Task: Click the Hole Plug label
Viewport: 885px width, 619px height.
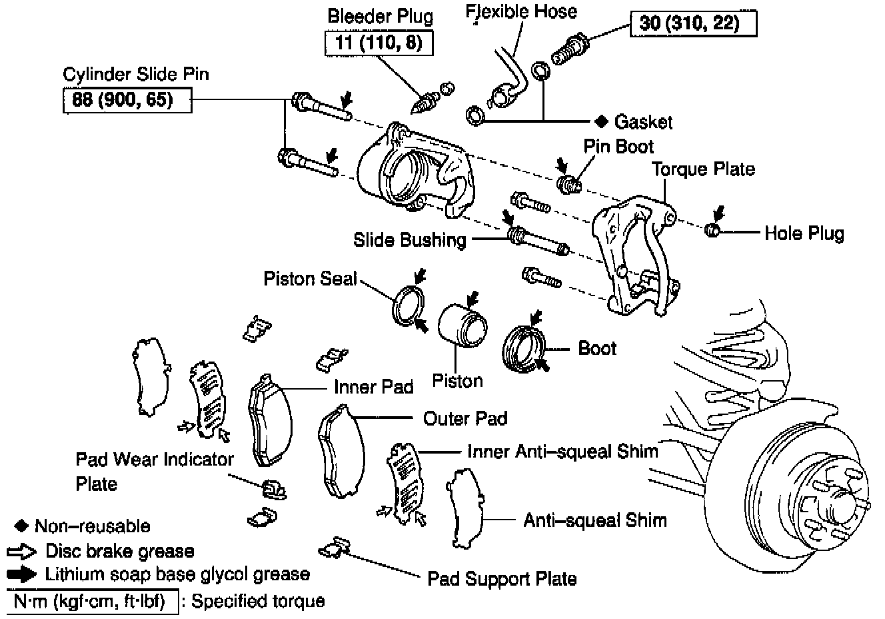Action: tap(804, 233)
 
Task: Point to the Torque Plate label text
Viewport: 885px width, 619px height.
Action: tap(703, 169)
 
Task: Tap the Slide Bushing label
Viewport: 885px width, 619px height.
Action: tap(409, 240)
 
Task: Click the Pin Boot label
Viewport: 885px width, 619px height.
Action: tap(618, 147)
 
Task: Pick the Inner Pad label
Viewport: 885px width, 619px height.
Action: tap(373, 387)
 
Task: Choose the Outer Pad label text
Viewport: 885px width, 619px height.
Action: tap(465, 418)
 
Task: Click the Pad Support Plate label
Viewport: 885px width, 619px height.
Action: tap(502, 578)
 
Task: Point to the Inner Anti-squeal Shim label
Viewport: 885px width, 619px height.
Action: tap(562, 452)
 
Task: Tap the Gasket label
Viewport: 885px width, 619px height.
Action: tap(643, 121)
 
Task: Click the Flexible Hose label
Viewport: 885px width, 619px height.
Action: tap(520, 11)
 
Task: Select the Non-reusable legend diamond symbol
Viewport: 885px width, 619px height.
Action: tap(21, 526)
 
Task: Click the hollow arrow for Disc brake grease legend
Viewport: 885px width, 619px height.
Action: tap(22, 552)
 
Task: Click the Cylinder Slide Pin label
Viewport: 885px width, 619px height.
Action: tap(135, 73)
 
